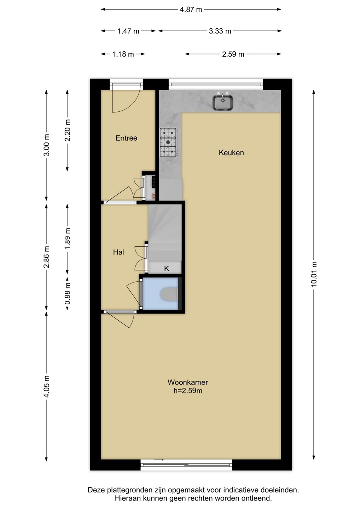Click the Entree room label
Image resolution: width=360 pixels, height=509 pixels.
click(126, 138)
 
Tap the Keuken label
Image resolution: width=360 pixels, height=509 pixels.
click(231, 152)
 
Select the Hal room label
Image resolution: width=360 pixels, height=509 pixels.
click(118, 252)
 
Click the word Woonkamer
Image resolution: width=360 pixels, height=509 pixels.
click(187, 382)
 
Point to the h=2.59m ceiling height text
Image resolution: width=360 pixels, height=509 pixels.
click(188, 391)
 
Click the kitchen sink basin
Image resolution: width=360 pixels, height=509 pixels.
click(222, 103)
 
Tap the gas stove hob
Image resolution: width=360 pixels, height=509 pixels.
click(169, 142)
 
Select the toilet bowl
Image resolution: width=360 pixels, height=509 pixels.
click(169, 294)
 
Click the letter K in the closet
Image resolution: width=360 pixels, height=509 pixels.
click(167, 269)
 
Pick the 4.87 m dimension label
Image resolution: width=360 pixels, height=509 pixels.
click(191, 10)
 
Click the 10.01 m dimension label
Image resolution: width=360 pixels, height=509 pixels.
click(314, 274)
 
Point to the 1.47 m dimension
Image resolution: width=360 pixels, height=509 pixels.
click(128, 31)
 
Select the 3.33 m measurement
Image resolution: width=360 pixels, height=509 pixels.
click(220, 31)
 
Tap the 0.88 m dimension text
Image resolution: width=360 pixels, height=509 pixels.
click(67, 293)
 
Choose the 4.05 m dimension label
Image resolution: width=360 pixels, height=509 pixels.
click(47, 386)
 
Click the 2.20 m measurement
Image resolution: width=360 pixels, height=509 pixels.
click(68, 130)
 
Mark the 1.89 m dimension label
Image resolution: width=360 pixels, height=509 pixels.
click(67, 238)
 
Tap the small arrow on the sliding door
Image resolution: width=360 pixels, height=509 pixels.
click(159, 460)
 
